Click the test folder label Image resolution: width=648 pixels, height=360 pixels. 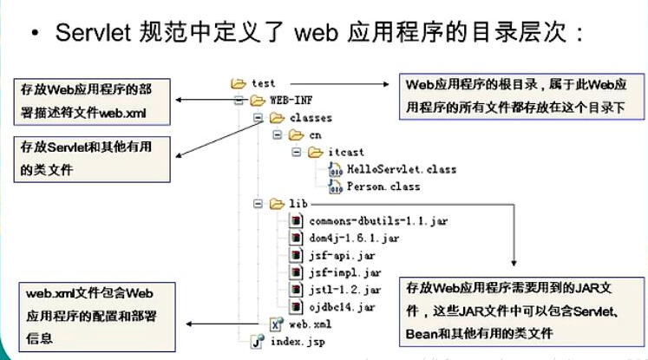263,83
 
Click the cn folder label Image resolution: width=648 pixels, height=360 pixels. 315,134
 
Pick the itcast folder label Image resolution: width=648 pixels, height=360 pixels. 344,152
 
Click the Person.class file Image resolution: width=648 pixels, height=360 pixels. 383,187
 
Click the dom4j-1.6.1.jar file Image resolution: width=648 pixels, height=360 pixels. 344,238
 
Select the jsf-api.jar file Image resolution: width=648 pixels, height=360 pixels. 332,255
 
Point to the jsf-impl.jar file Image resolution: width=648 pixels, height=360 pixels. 335,272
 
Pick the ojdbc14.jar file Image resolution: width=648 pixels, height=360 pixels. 331,307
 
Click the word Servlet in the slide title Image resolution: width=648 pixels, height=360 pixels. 96,32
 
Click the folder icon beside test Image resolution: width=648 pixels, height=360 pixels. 238,83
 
